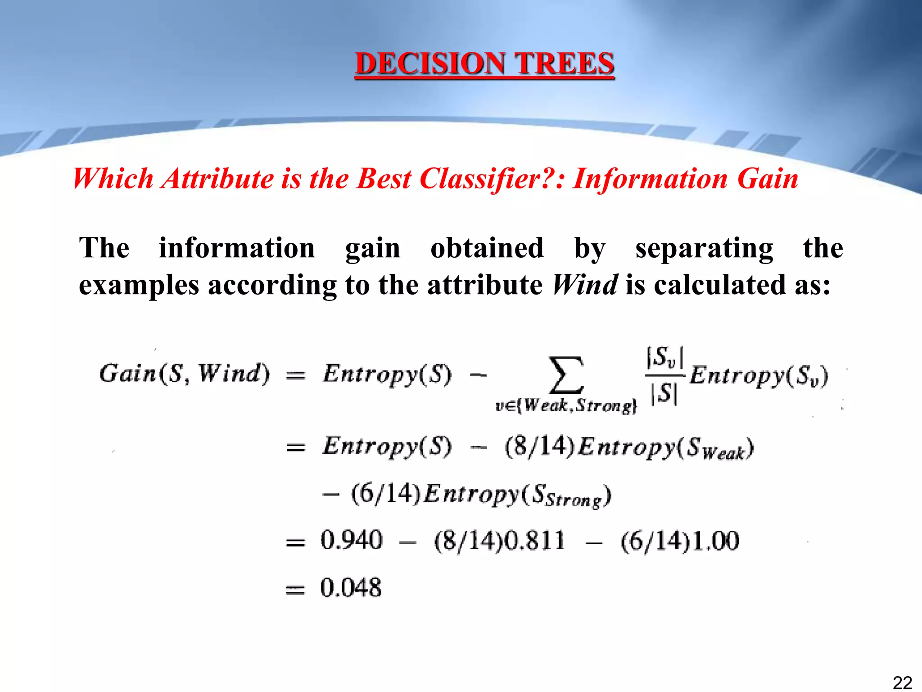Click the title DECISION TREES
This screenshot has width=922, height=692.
pos(484,64)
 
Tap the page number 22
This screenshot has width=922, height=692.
pos(902,683)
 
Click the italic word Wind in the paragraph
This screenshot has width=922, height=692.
pos(585,285)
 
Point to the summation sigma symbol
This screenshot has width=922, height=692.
pos(566,375)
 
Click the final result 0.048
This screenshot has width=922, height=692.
pos(351,587)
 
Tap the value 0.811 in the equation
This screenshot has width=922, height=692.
pos(534,540)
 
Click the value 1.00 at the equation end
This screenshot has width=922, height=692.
pos(715,541)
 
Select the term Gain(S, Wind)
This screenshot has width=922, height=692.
pos(184,373)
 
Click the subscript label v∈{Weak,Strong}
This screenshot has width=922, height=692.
pos(566,406)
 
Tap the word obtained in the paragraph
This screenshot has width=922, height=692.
pos(487,248)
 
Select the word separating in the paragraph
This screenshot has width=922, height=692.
pos(704,249)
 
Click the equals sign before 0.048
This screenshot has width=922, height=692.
pos(295,589)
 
